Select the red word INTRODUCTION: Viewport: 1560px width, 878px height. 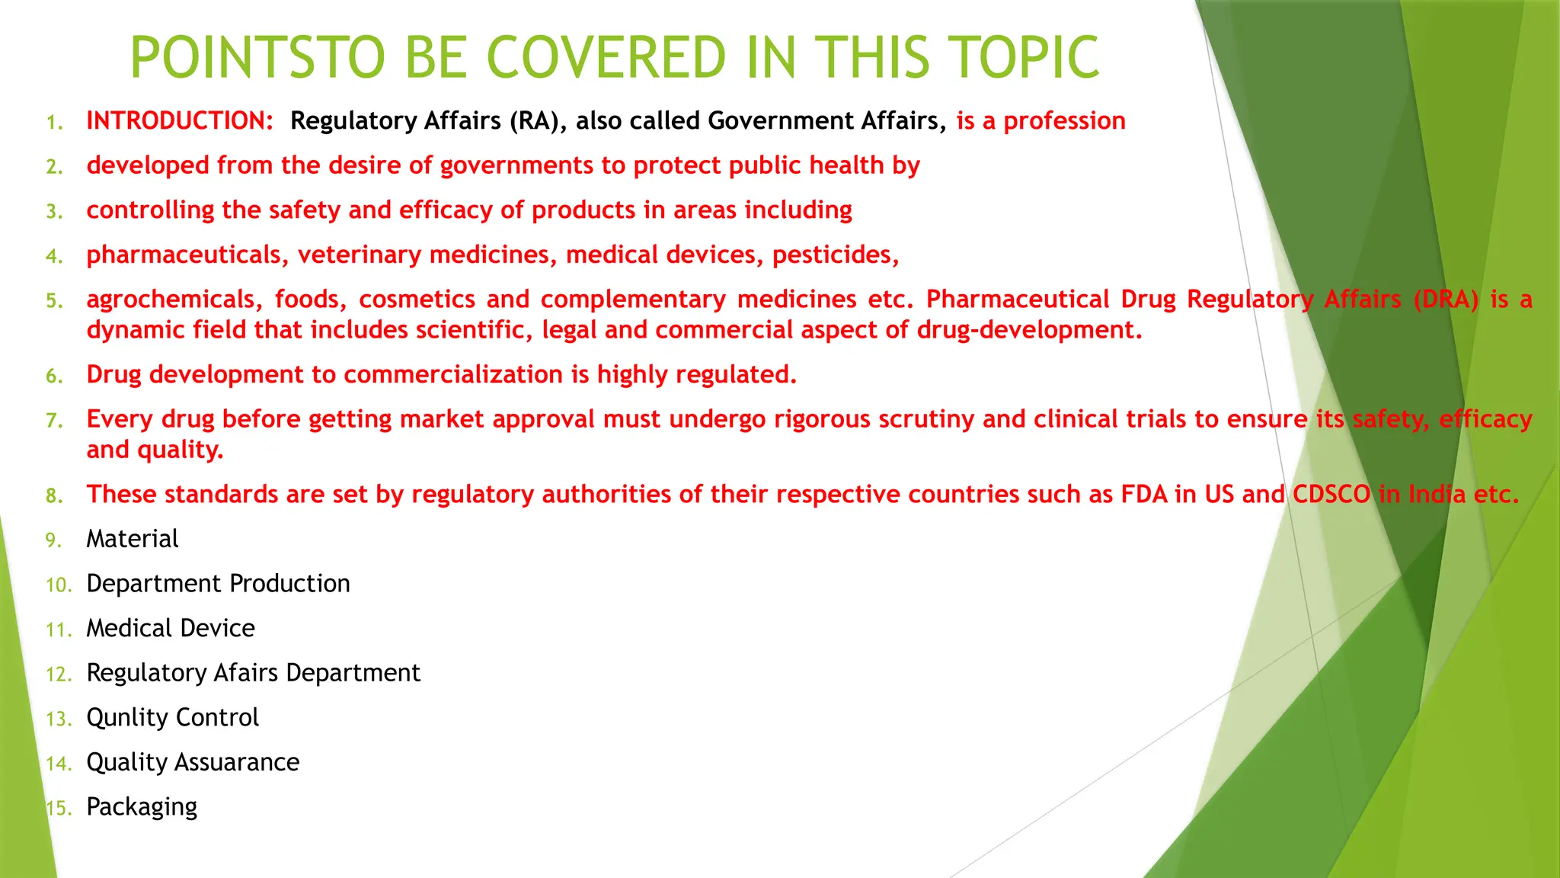180,120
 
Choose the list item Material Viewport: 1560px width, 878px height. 132,539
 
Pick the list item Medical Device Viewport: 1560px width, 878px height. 171,628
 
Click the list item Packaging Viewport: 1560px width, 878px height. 142,807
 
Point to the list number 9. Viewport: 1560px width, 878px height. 53,540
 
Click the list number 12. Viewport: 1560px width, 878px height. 58,675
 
